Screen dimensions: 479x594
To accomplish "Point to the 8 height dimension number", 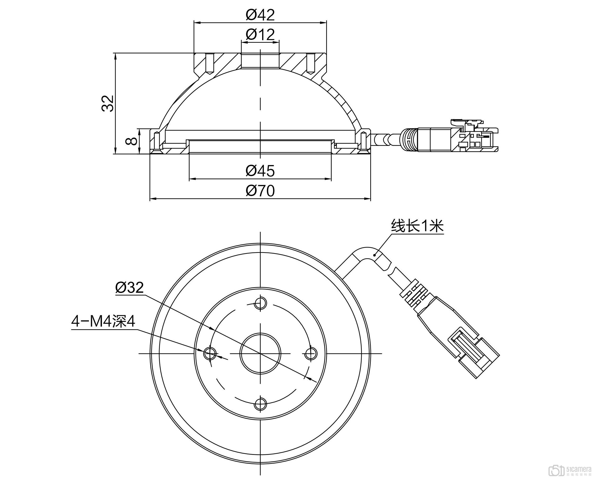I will (x=131, y=141).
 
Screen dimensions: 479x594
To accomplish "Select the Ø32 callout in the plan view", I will (x=129, y=288).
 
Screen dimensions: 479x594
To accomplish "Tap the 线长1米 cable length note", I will (x=417, y=226).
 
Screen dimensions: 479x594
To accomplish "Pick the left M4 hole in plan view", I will (x=210, y=353).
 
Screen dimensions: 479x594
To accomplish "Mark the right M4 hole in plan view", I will (x=311, y=353).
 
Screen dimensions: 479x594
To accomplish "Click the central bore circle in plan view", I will (x=260, y=353).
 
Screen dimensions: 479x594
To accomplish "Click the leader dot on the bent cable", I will (x=374, y=255).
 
